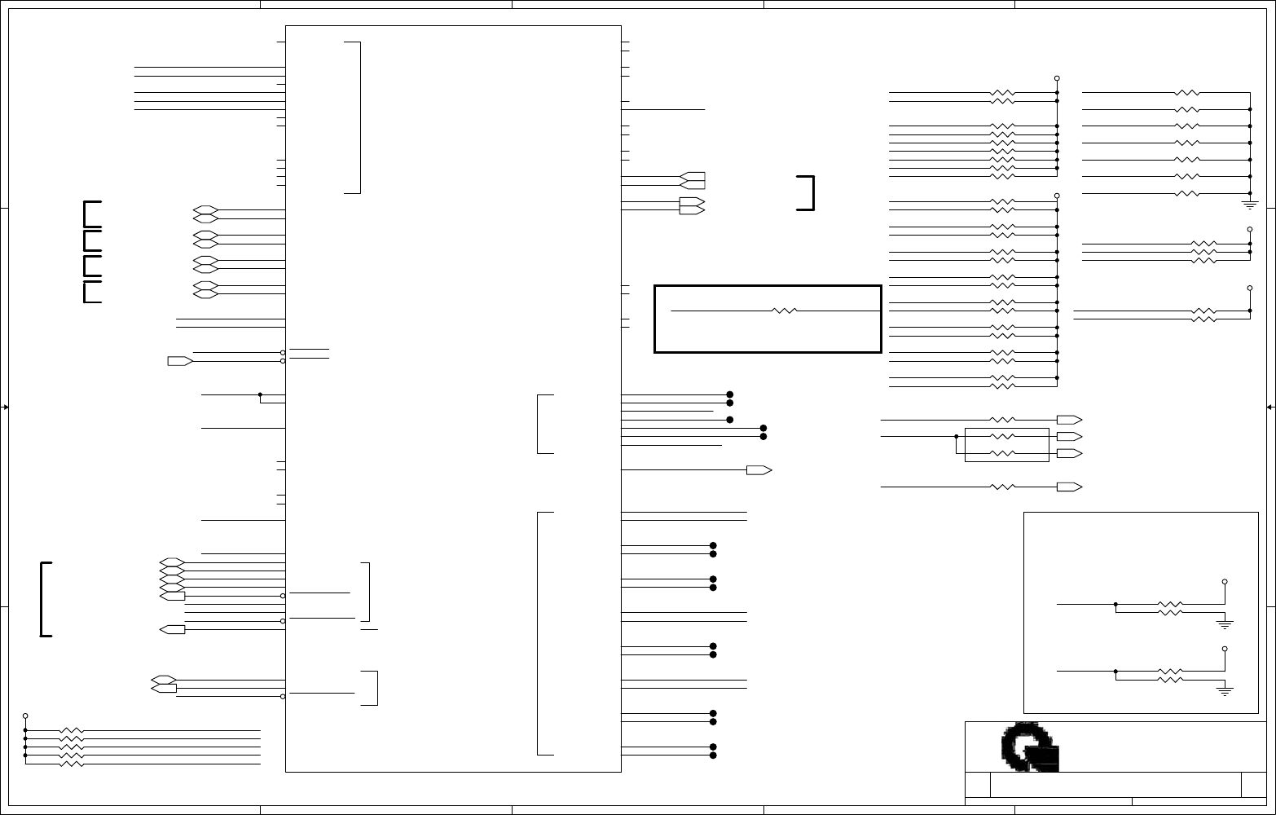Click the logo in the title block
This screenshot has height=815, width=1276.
point(1030,747)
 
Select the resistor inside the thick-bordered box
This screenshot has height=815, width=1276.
point(784,311)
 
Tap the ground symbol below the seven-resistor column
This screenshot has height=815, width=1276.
point(1250,203)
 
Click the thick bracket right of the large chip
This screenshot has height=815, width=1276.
point(807,192)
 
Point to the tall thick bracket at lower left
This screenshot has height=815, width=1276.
point(46,599)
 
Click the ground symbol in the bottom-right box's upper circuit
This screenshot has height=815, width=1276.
point(1225,624)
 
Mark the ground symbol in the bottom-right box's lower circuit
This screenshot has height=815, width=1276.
point(1225,691)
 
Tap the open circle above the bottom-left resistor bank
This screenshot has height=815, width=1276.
point(25,714)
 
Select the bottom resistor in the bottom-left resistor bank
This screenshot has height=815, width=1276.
point(72,764)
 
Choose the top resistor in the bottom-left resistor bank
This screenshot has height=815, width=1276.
point(72,730)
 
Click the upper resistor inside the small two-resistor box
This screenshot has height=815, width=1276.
point(1003,436)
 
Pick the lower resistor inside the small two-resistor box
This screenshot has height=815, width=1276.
point(1003,453)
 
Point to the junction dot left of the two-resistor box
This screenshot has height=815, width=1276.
point(956,436)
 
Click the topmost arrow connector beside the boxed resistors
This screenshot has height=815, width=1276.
point(1068,420)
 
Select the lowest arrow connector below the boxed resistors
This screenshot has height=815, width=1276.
point(1068,487)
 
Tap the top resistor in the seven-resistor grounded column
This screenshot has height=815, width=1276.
point(1187,93)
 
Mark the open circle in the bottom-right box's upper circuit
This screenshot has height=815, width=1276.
point(1225,582)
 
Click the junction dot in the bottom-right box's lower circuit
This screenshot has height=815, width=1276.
point(1115,671)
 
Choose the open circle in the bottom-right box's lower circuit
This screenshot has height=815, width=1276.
point(1225,650)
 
